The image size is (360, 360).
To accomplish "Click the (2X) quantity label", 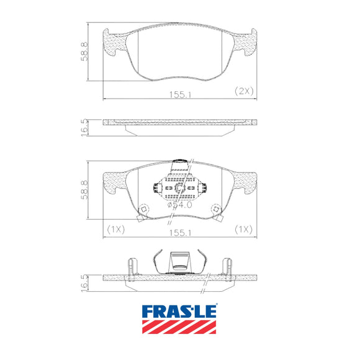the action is [x=244, y=91].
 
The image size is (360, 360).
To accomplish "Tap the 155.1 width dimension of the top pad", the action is [x=180, y=94].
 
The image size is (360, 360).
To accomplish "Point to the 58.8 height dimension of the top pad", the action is [x=84, y=51].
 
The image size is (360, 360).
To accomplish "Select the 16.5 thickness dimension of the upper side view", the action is [x=84, y=127].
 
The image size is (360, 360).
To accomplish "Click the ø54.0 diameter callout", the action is [x=180, y=205].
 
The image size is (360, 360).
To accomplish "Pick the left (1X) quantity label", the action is [x=116, y=229].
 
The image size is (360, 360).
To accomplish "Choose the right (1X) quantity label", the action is [x=243, y=229].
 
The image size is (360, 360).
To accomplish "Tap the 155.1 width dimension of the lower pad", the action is [x=180, y=233].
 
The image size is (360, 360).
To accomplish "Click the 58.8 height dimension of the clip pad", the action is [x=84, y=190].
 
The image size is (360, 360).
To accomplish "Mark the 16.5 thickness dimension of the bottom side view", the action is [x=84, y=283].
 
